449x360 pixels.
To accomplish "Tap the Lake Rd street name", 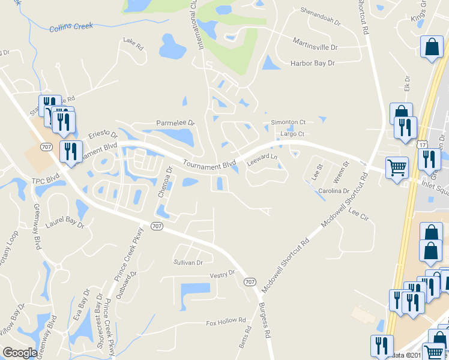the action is coord(133,43).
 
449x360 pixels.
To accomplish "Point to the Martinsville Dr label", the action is coord(315,46).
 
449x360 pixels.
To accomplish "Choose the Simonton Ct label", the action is coord(288,122).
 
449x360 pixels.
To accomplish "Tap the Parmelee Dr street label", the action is coord(176,123).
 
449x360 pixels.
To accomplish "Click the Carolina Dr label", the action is coord(334,191).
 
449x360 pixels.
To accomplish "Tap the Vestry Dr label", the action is coord(221,274).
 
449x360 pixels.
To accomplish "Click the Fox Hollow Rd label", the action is coord(226,321).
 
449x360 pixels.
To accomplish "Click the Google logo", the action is coord(20,353).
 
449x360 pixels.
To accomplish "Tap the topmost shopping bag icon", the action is coord(432,47).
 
